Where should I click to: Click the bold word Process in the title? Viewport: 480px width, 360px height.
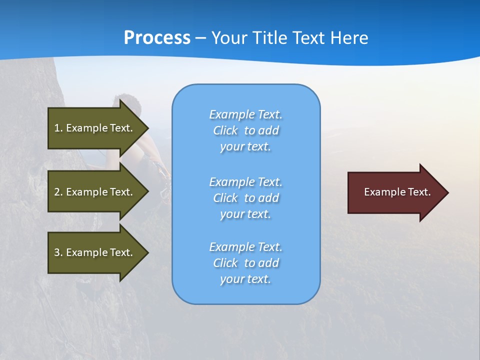coord(157,38)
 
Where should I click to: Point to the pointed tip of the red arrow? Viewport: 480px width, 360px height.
coord(447,192)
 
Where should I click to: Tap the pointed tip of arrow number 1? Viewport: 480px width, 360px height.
coord(147,128)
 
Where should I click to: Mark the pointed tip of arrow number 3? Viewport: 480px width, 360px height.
coord(147,252)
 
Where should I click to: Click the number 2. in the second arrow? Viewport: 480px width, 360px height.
coord(58,192)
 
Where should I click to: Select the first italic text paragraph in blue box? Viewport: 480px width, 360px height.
coord(245,130)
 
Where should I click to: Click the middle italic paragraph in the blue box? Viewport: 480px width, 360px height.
coord(245,198)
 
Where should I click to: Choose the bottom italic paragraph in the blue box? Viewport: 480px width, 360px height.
coord(245,263)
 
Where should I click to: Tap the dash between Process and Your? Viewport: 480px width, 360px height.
coord(200,38)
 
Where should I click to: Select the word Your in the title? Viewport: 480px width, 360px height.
coord(229,38)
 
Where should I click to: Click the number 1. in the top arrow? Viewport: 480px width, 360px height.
coord(58,128)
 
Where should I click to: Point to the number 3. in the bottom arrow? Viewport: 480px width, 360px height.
coord(58,252)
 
